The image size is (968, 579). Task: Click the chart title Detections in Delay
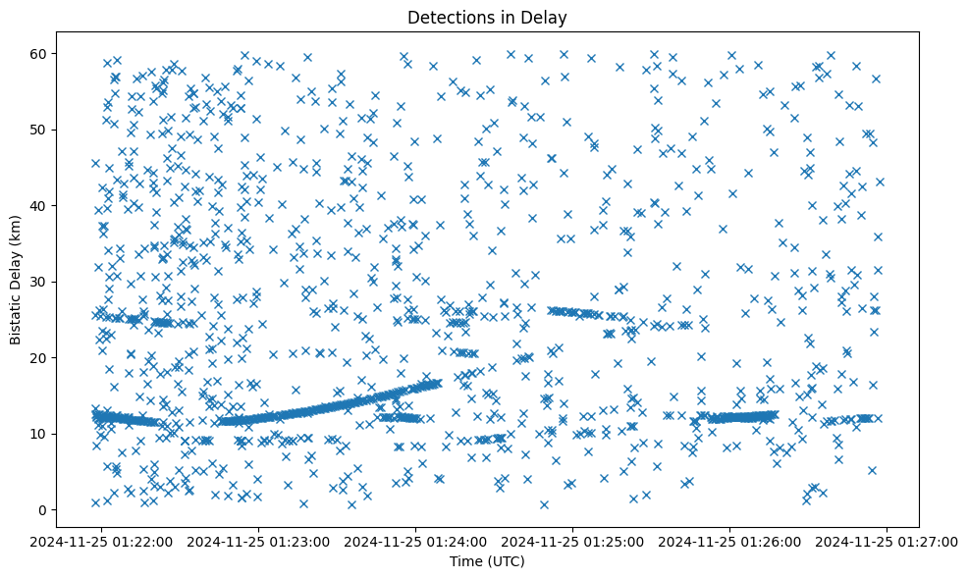point(487,18)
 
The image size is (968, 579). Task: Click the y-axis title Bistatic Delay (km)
point(16,273)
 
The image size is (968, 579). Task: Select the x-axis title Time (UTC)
point(487,561)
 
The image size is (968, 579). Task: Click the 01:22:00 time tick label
point(102,541)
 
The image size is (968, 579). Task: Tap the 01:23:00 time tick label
point(259,541)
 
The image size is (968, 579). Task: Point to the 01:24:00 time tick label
point(416,541)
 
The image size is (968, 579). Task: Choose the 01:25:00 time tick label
point(573,541)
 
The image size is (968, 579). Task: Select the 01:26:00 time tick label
point(730,541)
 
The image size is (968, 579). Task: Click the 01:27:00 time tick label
point(887,541)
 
